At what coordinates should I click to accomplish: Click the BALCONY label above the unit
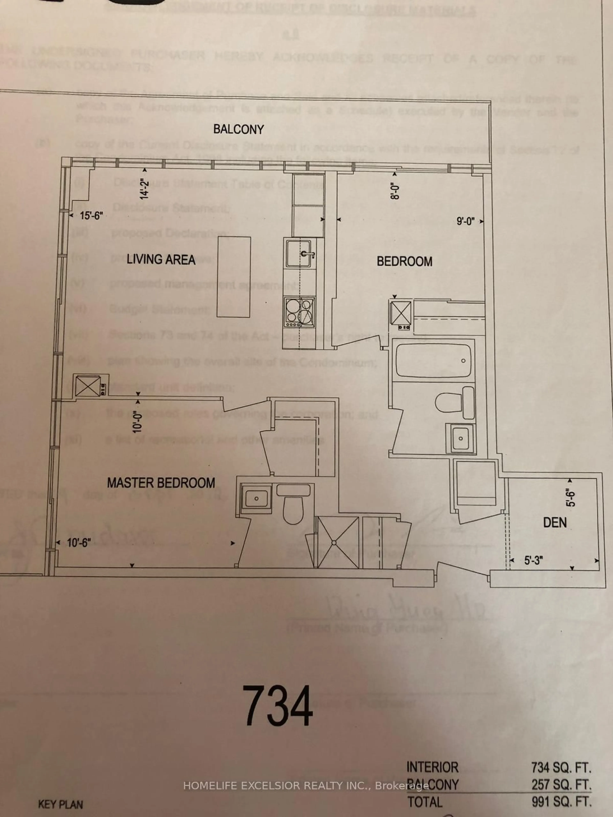click(x=239, y=129)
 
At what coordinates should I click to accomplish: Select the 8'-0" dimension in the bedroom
click(x=396, y=191)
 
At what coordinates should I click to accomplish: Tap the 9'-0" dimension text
click(x=465, y=222)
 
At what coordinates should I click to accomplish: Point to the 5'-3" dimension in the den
click(x=534, y=561)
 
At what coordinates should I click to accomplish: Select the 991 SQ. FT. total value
click(x=561, y=801)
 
